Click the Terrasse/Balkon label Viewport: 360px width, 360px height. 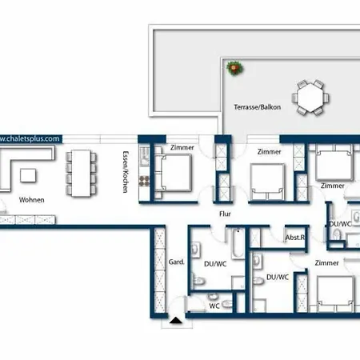pos(258,107)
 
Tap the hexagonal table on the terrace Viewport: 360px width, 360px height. pos(310,98)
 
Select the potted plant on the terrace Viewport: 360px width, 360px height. pos(235,68)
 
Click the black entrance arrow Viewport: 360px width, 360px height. pos(176,320)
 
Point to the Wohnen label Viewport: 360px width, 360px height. pos(32,200)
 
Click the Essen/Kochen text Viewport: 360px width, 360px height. pos(126,172)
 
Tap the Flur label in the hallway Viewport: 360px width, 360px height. pos(225,214)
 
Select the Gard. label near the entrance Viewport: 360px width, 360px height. pos(176,262)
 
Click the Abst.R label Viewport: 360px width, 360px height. pos(295,238)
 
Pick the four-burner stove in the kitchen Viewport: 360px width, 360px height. pos(144,182)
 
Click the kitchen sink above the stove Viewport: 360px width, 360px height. pos(144,156)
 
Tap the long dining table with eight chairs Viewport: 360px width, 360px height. pos(81,174)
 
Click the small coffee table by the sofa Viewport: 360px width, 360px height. pos(28,176)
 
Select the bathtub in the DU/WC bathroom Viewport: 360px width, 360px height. pos(238,243)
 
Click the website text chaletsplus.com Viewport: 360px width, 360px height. pos(30,138)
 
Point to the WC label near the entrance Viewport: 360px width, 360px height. pos(214,306)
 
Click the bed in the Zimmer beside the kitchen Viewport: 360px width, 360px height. pos(175,173)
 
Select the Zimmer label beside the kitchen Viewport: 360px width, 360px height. pos(182,147)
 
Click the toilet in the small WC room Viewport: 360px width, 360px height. pos(227,304)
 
